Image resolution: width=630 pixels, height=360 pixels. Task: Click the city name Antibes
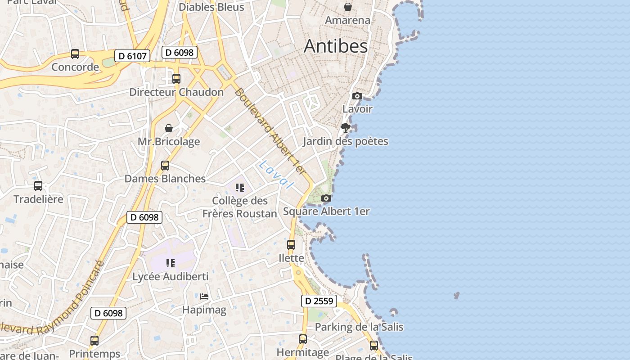click(336, 46)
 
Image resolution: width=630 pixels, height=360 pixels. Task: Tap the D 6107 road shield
click(132, 56)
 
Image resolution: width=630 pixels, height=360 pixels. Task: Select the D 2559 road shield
click(319, 301)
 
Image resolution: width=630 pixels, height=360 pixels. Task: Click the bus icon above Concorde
click(75, 54)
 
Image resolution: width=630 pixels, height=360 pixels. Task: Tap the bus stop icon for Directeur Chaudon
click(176, 79)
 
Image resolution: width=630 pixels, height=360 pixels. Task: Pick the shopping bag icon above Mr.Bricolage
click(169, 129)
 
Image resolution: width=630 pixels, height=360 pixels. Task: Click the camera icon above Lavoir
click(357, 96)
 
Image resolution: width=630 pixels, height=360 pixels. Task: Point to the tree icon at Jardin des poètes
click(346, 128)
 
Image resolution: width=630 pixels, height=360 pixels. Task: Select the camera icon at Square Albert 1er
click(326, 198)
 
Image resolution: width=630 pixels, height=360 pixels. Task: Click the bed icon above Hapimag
click(204, 297)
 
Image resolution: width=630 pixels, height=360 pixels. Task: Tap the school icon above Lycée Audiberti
click(170, 263)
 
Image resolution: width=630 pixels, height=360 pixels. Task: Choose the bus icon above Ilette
click(291, 245)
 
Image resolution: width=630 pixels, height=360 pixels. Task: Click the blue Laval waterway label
click(276, 174)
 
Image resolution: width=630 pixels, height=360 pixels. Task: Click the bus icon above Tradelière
click(38, 185)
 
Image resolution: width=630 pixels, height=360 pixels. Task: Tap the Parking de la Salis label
click(359, 327)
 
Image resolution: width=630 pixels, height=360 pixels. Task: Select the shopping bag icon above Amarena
click(348, 7)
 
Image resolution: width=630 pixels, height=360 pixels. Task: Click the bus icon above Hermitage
click(303, 339)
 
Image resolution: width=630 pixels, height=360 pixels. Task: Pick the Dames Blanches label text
click(165, 179)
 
